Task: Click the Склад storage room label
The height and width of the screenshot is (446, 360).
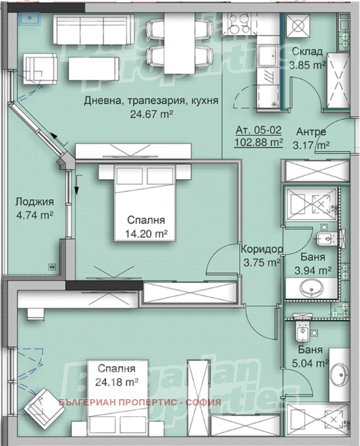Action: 307,52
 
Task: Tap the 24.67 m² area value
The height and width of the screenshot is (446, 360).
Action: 152,114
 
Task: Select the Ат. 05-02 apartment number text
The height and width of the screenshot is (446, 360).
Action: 259,130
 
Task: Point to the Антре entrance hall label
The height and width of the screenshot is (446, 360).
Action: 311,132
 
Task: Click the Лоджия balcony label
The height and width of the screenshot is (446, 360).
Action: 35,202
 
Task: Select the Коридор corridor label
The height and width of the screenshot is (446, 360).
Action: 262,250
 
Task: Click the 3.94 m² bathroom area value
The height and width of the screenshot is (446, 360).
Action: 313,270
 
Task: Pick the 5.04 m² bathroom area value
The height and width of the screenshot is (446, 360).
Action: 310,363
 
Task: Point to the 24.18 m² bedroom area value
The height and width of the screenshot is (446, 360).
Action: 117,382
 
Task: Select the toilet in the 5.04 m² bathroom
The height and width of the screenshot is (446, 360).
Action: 303,331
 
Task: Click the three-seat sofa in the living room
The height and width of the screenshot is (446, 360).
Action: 91,29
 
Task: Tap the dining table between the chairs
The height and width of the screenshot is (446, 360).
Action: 180,43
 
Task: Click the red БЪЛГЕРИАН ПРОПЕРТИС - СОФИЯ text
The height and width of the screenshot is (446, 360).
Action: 139,402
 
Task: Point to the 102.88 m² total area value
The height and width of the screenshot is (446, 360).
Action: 259,141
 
